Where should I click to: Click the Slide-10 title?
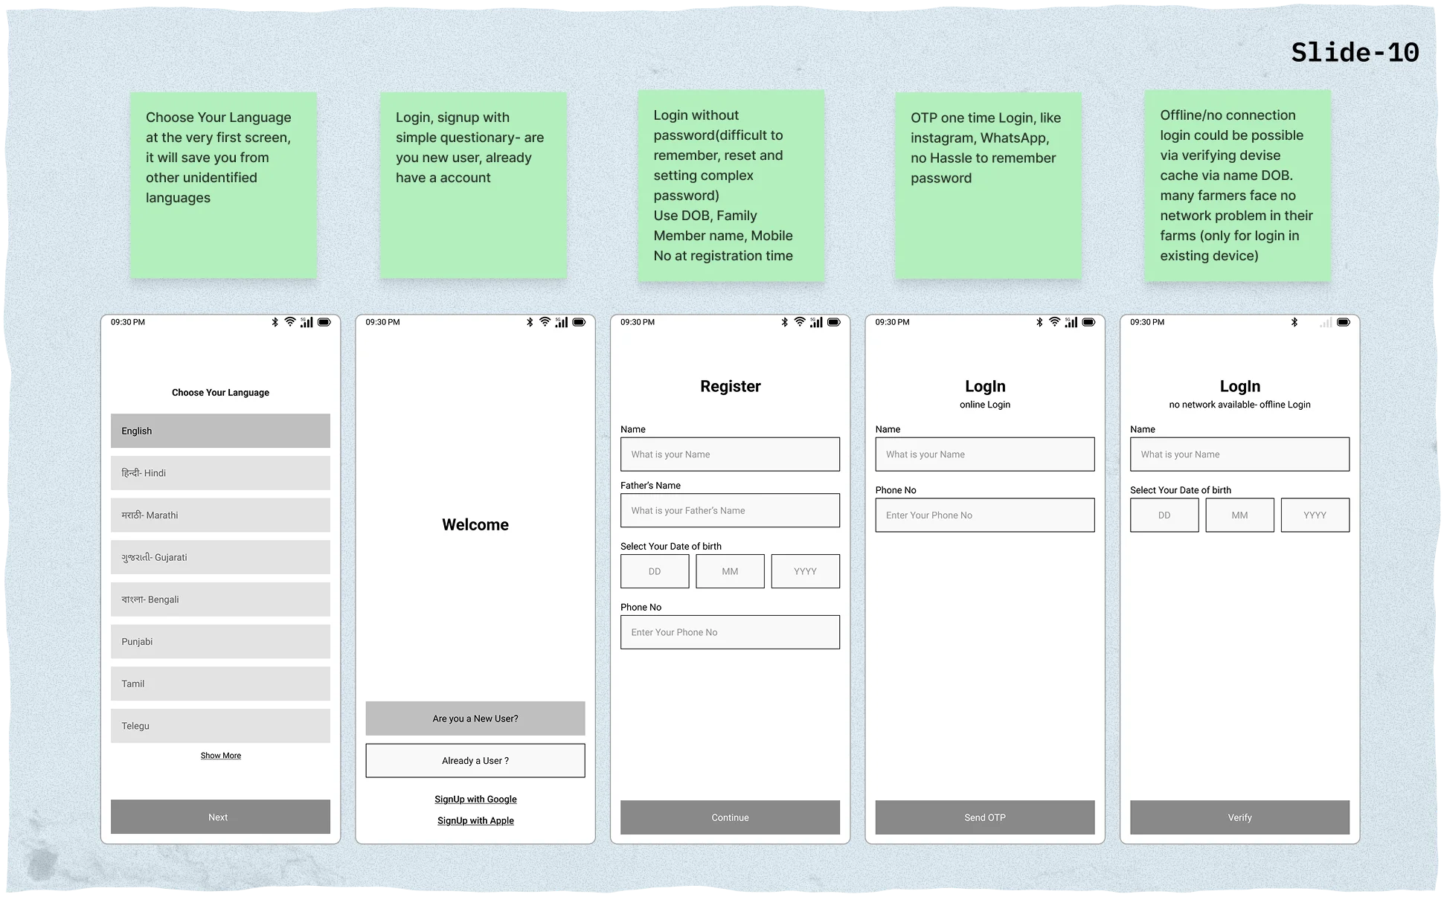1354,53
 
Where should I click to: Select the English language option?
220,431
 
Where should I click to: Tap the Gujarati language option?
220,557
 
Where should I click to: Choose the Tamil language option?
220,684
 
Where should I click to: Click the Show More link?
221,756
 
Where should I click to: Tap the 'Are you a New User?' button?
475,718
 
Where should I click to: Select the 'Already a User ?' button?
475,761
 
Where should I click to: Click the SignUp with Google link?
475,800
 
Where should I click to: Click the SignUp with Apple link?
475,821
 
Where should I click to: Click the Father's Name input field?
730,511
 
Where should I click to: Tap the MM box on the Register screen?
730,571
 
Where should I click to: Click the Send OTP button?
985,817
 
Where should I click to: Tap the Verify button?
1239,817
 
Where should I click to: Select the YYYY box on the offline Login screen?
1315,515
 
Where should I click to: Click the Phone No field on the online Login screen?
985,515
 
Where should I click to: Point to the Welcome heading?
475,525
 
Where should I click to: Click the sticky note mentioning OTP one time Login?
988,186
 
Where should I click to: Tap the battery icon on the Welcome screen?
579,323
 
